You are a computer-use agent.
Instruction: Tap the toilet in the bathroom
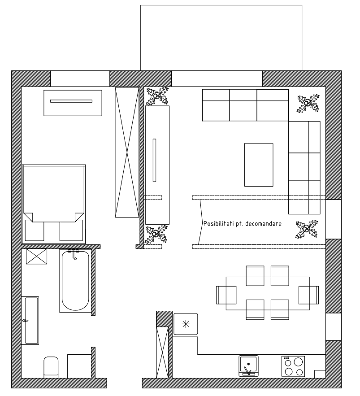click(51, 366)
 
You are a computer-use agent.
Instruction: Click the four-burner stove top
click(293, 366)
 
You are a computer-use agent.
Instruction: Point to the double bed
click(54, 197)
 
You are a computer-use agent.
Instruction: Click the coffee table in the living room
click(259, 165)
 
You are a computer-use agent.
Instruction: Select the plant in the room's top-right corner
click(308, 104)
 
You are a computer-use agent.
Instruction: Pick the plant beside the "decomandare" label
click(306, 229)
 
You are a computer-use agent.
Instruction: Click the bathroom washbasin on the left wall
click(30, 320)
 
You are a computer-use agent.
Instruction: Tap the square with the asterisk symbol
click(186, 323)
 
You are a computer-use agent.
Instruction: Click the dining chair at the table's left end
click(226, 295)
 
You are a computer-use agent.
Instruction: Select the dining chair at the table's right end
click(308, 295)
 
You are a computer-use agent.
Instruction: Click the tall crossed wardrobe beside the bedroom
click(127, 152)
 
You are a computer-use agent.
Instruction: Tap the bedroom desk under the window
click(72, 102)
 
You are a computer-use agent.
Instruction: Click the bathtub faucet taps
click(73, 252)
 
